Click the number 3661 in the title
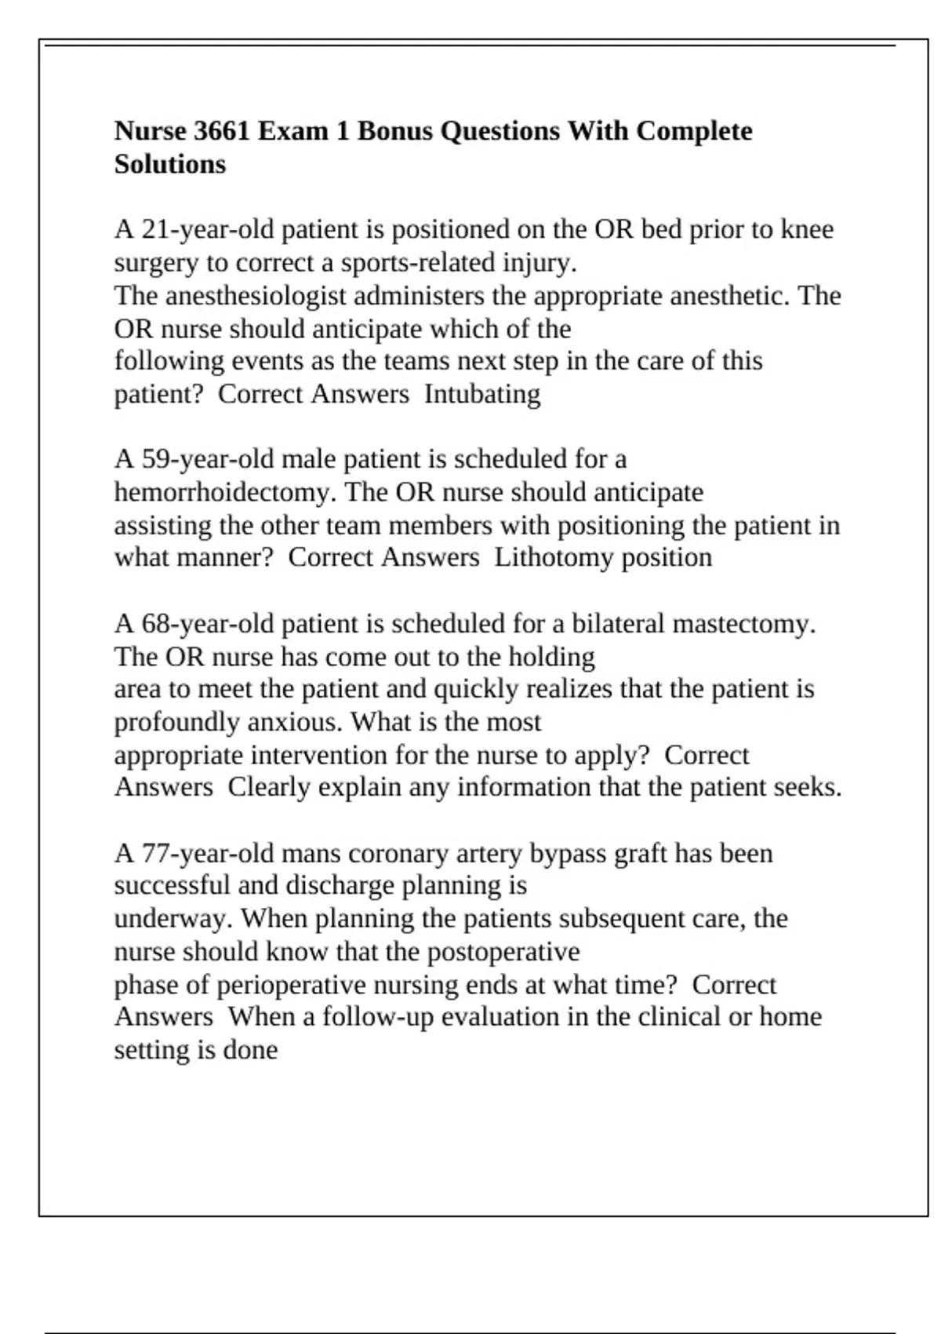(x=221, y=131)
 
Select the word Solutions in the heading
(x=170, y=165)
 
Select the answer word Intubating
(x=482, y=394)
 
